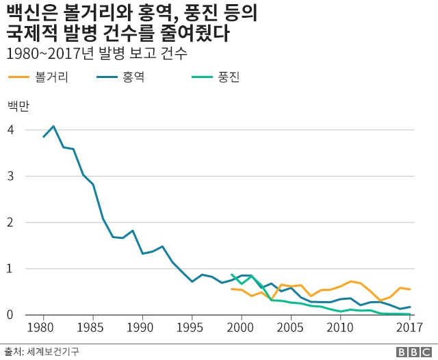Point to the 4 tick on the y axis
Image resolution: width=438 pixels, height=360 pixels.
point(10,130)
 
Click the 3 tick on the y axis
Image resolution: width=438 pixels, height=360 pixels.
point(10,176)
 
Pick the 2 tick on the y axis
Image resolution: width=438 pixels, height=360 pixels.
point(10,222)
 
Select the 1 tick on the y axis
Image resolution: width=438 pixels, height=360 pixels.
point(10,269)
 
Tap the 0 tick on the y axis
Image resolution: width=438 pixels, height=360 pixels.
point(10,315)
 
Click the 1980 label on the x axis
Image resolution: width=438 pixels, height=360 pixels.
point(43,327)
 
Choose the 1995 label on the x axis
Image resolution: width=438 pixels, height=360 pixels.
point(192,327)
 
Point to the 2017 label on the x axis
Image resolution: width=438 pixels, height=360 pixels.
point(409,327)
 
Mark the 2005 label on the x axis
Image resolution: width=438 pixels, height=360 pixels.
point(291,327)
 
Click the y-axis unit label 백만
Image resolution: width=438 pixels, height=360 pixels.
point(18,105)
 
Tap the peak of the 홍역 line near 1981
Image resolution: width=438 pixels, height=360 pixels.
point(53,127)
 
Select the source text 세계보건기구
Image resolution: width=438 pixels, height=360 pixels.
point(53,351)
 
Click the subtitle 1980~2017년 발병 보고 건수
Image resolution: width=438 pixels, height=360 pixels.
point(96,53)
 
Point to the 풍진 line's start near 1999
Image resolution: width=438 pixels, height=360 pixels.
point(232,274)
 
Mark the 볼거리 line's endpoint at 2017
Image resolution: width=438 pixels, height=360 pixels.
point(409,290)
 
